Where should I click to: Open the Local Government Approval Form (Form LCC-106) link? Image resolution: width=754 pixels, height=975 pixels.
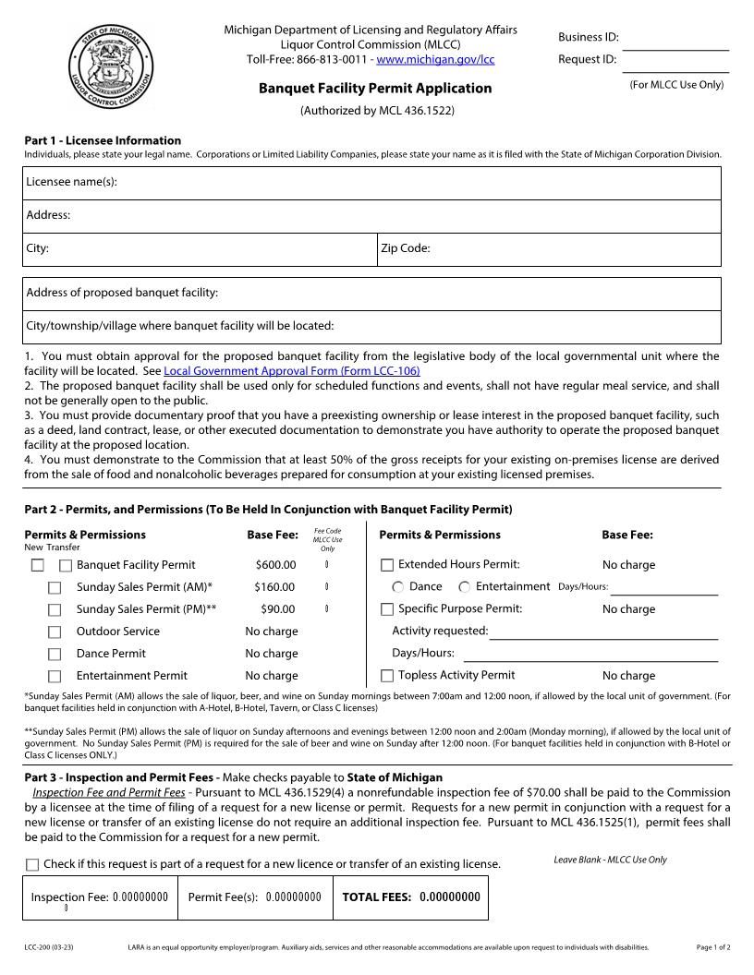coord(291,370)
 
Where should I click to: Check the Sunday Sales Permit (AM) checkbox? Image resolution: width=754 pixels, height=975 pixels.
coord(55,587)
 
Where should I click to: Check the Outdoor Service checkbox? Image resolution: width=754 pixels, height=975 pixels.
coord(55,632)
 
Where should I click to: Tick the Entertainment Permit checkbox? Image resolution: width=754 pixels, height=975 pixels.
coord(55,676)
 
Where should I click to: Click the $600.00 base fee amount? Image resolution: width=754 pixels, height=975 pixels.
coord(275,565)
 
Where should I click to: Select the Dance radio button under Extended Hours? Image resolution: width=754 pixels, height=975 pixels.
coord(398,587)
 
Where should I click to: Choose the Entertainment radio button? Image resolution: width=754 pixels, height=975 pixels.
coord(465,587)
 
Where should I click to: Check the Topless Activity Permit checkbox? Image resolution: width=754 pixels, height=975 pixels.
coord(387,676)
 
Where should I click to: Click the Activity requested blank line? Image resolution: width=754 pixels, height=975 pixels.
coord(602,632)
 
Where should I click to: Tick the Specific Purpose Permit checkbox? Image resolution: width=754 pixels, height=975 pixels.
coord(387,609)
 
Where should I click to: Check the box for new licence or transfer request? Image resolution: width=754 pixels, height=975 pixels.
coord(32,865)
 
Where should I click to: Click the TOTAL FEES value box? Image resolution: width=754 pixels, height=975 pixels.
coord(449,897)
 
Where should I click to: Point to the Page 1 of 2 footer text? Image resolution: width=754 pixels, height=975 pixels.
coord(712,947)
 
